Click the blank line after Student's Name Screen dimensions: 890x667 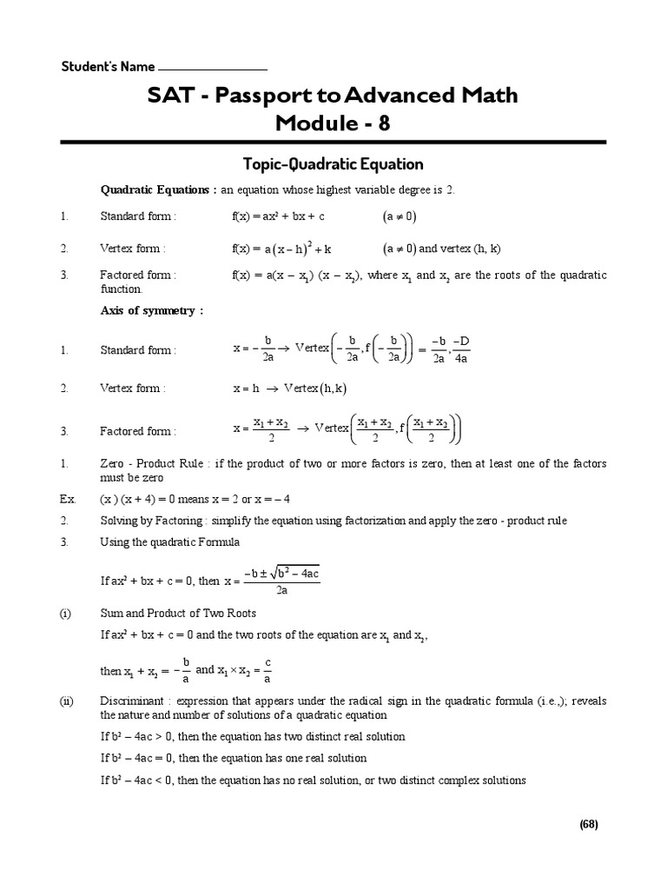(x=213, y=68)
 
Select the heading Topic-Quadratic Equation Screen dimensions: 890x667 (x=333, y=163)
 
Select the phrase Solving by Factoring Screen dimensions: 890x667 (x=152, y=520)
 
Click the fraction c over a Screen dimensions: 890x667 (x=267, y=670)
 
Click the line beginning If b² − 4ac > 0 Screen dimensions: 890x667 (x=253, y=736)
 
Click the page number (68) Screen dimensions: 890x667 (x=589, y=824)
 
